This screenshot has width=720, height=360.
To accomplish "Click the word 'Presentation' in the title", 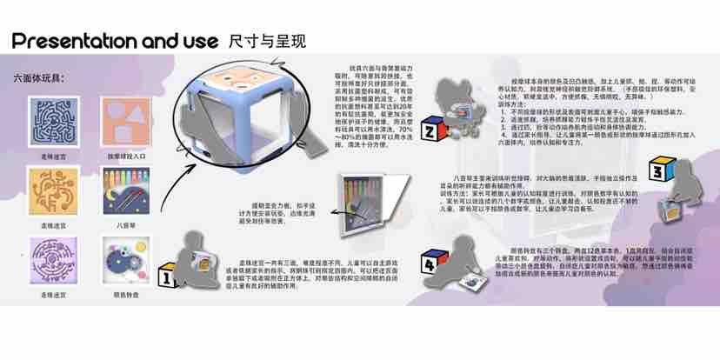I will point(75,41).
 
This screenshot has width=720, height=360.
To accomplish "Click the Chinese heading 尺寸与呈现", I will point(268,41).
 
